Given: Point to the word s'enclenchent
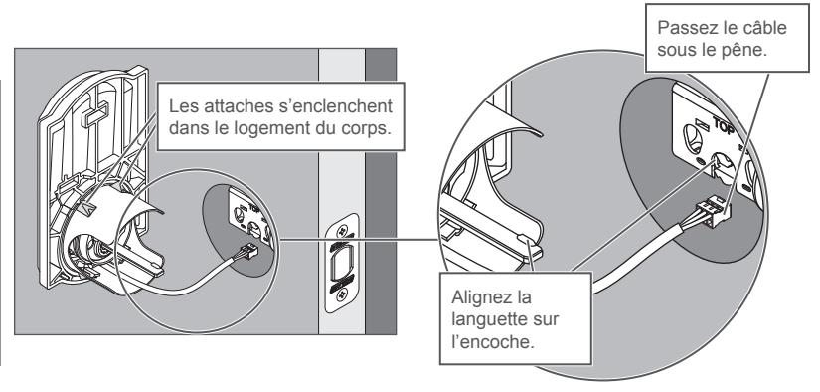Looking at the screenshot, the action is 335,106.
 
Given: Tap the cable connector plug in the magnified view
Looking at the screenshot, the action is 713,211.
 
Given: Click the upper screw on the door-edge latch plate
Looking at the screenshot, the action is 342,230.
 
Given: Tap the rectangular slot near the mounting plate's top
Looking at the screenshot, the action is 95,114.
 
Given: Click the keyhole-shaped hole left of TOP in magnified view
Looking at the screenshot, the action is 694,138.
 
